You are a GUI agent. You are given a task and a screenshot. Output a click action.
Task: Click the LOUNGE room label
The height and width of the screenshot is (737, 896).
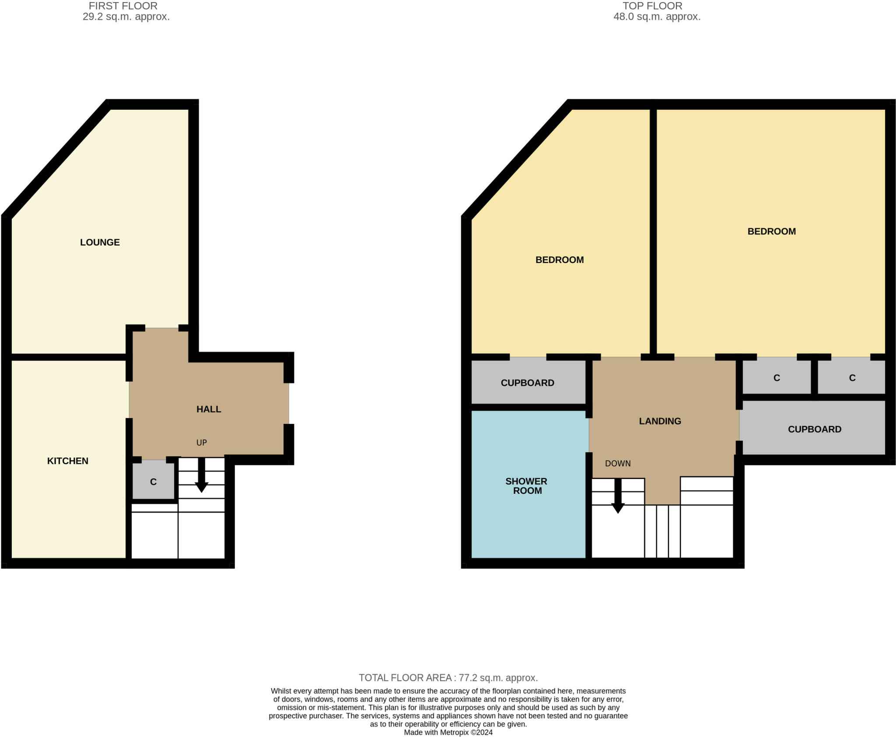coord(100,242)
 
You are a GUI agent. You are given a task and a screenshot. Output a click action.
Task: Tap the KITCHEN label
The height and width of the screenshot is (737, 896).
coord(68,461)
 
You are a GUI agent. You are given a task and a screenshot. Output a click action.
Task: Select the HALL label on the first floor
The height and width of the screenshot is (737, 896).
coord(209,409)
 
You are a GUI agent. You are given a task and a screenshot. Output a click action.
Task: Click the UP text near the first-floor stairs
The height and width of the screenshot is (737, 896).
coord(201,442)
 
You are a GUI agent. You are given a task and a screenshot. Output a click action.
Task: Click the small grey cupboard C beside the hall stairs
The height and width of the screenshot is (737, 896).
coord(153,482)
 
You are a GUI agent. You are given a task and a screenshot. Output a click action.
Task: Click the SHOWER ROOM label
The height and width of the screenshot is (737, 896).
coord(526,486)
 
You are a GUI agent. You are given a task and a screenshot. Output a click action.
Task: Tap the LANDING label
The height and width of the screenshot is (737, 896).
coord(660,421)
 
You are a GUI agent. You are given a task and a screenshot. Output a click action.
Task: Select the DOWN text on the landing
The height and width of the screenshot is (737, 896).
coord(618,463)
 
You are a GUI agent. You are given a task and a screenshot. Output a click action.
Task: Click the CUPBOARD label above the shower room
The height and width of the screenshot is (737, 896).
coord(527,383)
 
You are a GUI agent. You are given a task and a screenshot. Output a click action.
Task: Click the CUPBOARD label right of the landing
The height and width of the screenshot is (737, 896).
coord(814,429)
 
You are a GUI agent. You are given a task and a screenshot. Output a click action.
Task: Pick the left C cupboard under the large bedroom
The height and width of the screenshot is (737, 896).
coord(777,378)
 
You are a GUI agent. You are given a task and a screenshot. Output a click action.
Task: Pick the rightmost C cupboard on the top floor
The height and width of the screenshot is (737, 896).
coord(852,378)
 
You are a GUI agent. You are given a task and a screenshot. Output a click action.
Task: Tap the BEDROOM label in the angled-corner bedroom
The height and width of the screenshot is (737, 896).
coord(560,260)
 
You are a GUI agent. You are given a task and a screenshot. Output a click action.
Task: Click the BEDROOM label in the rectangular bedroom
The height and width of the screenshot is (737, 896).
coord(771,231)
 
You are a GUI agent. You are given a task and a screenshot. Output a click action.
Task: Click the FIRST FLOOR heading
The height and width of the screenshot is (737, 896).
coord(123,6)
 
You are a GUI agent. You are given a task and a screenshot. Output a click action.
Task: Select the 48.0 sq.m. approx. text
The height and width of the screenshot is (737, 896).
coord(657,17)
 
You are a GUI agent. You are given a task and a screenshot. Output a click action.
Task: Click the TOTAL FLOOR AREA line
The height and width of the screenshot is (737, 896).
coord(448,678)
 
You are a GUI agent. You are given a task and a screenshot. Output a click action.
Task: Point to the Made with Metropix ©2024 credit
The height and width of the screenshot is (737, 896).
coord(448,732)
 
